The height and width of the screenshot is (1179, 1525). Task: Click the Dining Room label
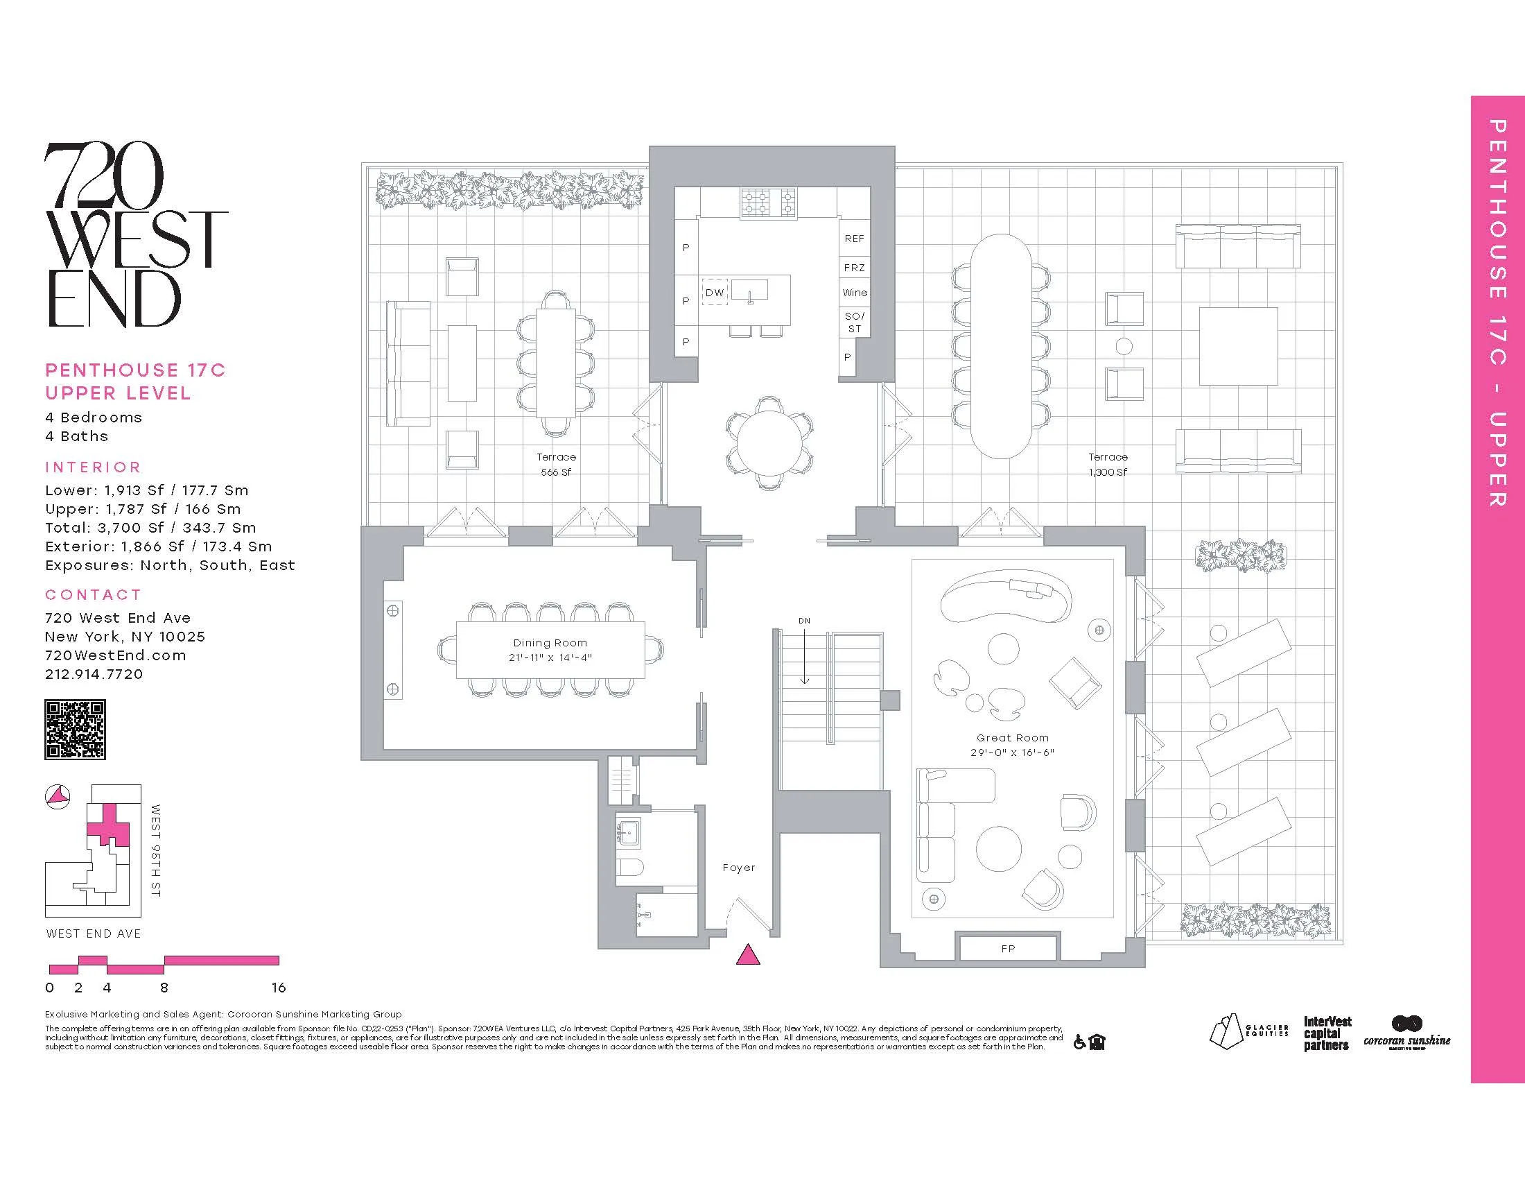550,643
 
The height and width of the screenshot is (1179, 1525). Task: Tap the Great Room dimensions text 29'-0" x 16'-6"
1012,752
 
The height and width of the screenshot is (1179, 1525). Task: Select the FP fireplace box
1008,949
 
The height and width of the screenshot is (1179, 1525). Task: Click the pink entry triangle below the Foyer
748,955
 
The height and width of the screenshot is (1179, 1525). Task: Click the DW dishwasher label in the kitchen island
714,293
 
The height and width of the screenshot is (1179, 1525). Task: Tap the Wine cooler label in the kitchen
855,293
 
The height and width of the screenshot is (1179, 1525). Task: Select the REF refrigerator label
855,239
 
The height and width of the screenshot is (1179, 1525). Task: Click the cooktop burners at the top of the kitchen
768,203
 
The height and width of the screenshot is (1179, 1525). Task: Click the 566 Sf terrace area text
556,472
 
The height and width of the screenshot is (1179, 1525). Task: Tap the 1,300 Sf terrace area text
1108,472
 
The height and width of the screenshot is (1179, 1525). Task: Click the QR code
76,730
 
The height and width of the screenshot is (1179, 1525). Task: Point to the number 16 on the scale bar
279,988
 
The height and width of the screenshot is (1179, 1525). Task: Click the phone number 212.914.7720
94,674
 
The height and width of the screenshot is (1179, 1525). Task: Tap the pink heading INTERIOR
93,467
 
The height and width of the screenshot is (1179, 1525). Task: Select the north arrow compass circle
58,796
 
